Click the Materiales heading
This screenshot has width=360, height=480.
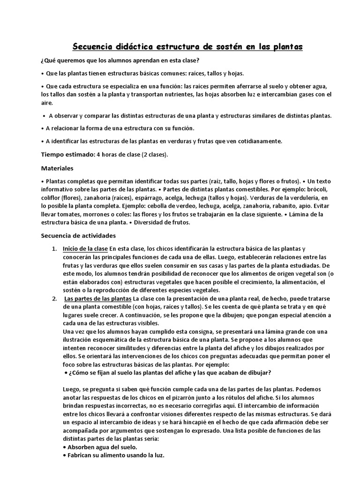57,168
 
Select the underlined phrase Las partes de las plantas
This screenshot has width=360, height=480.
98,299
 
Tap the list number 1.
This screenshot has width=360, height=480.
54,248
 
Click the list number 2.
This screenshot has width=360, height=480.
54,299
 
